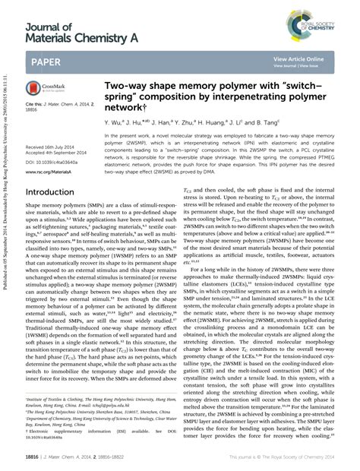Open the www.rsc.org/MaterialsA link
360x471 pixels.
point(48,173)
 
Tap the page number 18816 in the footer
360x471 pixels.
point(33,459)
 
